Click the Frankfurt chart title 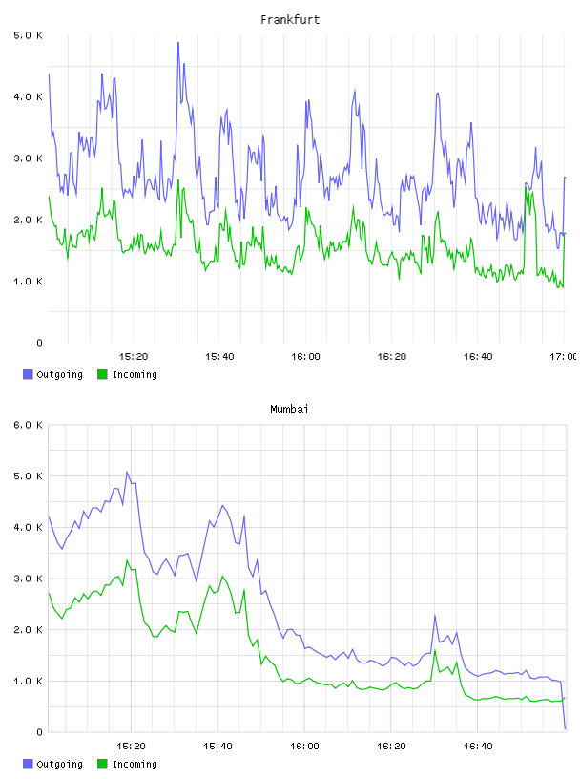pyautogui.click(x=290, y=19)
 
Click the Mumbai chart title pyautogui.click(x=289, y=409)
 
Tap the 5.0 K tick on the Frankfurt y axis pyautogui.click(x=28, y=35)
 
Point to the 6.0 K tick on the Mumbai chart pyautogui.click(x=28, y=425)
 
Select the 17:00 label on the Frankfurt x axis pyautogui.click(x=563, y=357)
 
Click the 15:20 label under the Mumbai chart pyautogui.click(x=131, y=747)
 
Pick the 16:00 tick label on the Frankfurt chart pyautogui.click(x=305, y=357)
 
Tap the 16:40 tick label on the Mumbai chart pyautogui.click(x=478, y=747)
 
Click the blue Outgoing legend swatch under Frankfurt pyautogui.click(x=28, y=374)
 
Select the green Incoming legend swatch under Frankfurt pyautogui.click(x=102, y=374)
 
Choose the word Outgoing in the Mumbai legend pyautogui.click(x=59, y=764)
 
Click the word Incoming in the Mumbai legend pyautogui.click(x=135, y=764)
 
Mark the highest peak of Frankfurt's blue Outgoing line pyautogui.click(x=178, y=43)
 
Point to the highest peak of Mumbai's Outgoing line pyautogui.click(x=127, y=472)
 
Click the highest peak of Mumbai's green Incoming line pyautogui.click(x=127, y=560)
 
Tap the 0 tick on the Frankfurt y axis pyautogui.click(x=39, y=343)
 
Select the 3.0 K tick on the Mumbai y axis pyautogui.click(x=28, y=579)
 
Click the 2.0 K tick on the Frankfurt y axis pyautogui.click(x=28, y=220)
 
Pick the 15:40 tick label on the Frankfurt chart pyautogui.click(x=219, y=357)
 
